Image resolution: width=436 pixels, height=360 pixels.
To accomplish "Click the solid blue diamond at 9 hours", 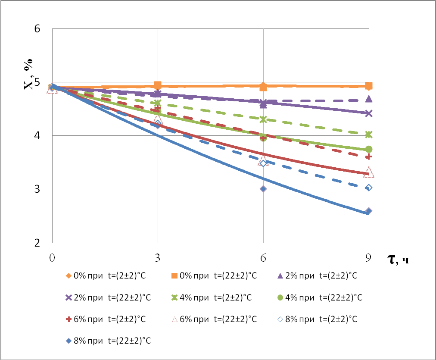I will [x=369, y=211].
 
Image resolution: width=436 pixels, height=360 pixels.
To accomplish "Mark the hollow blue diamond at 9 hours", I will [x=369, y=188].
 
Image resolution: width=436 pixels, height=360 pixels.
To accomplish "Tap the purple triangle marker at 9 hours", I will [x=369, y=99].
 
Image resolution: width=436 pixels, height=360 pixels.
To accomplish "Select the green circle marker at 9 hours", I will [x=369, y=149].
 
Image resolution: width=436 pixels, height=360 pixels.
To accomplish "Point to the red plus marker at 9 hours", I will [x=369, y=157].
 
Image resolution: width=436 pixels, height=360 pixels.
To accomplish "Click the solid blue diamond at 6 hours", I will [x=263, y=189].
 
